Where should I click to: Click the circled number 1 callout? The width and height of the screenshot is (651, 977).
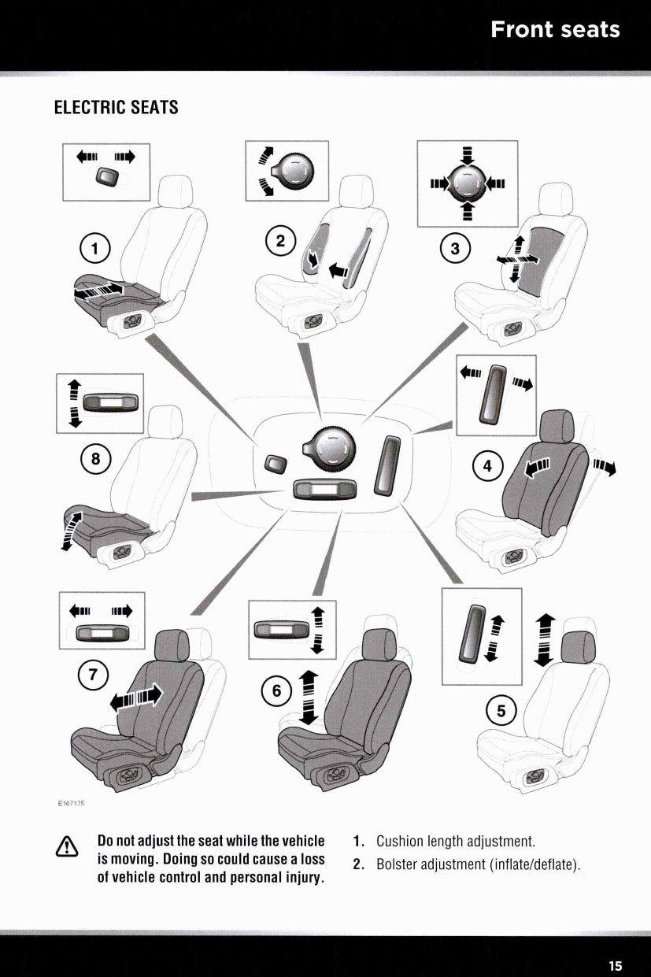[x=94, y=249]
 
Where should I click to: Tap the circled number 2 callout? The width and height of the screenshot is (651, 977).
[x=281, y=240]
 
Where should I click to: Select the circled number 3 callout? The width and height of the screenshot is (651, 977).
[x=455, y=249]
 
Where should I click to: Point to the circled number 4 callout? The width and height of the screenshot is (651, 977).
[x=487, y=466]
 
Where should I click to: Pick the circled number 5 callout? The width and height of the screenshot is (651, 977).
[x=501, y=711]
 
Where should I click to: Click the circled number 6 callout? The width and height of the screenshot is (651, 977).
[x=276, y=690]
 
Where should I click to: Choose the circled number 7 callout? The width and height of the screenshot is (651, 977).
[x=92, y=675]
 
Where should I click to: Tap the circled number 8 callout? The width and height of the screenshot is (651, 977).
[x=95, y=459]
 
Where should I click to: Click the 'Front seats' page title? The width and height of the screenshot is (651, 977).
[x=555, y=30]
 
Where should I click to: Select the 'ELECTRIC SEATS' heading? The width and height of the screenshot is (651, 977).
[x=116, y=107]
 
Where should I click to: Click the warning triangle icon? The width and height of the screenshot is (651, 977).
[x=67, y=847]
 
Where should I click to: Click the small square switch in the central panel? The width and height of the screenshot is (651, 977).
[x=276, y=463]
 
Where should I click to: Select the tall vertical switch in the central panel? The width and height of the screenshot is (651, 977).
[x=387, y=466]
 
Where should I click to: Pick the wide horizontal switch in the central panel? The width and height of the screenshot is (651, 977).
[x=324, y=490]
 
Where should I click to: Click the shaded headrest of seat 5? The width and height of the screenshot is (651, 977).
[x=579, y=647]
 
